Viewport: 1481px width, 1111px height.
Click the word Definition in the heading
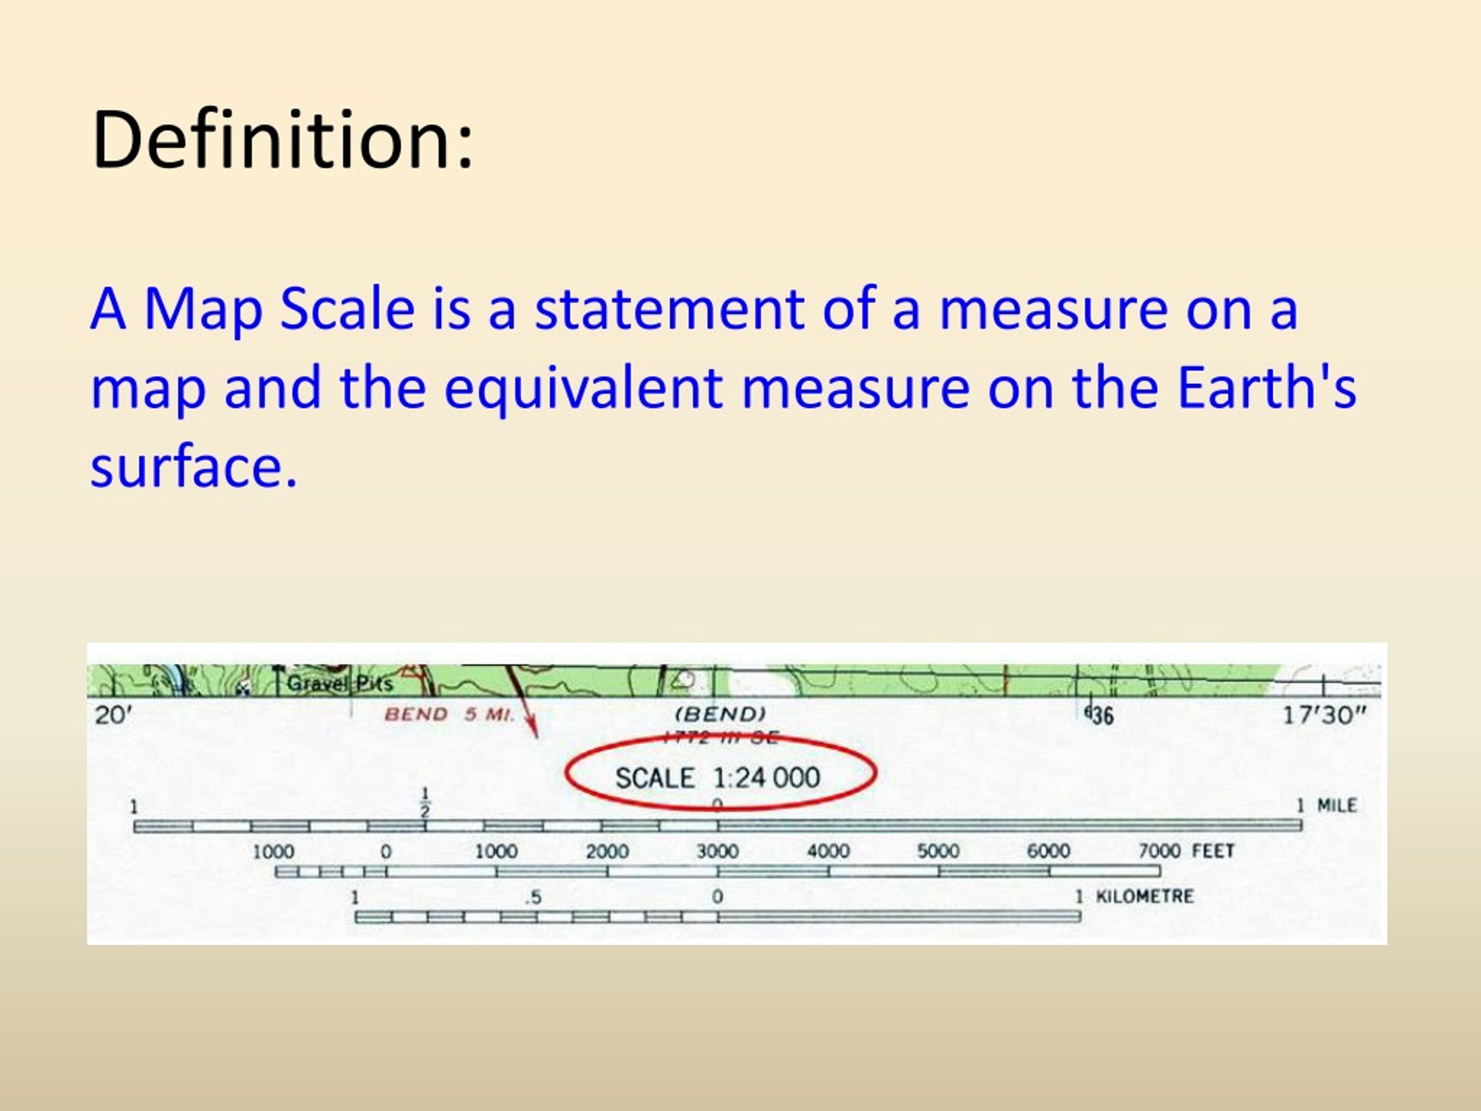point(282,140)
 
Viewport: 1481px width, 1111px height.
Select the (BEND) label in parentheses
point(720,714)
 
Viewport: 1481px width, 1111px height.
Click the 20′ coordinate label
point(113,716)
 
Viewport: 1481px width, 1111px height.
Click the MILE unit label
point(1336,805)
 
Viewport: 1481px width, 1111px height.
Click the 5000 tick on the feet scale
point(938,851)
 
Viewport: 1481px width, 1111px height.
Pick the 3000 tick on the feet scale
point(717,851)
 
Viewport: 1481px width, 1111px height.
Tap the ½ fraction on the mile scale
point(425,802)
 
